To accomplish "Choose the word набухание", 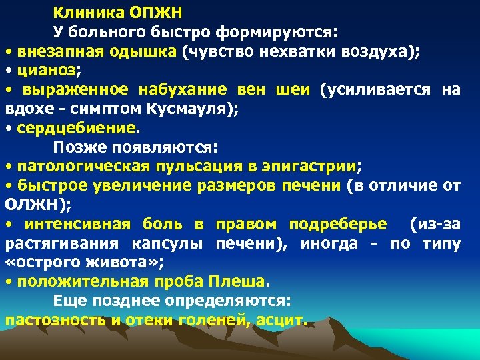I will point(180,89).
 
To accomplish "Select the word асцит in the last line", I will point(282,319).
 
